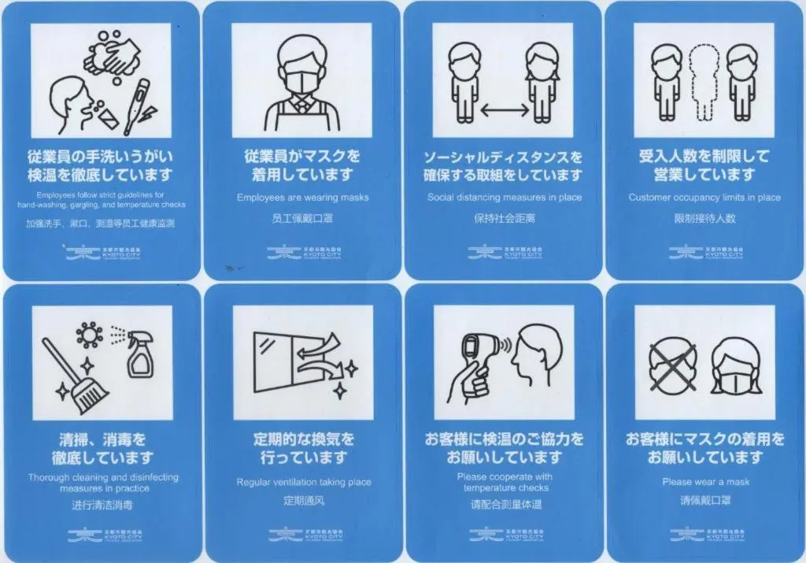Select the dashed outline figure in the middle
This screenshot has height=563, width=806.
(704, 83)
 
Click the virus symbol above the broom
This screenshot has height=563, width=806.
(89, 334)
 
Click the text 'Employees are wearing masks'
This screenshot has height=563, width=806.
(302, 198)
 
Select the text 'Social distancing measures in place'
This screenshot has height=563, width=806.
(505, 198)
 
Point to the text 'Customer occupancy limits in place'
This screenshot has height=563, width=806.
(704, 198)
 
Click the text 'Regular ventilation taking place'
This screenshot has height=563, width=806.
(303, 482)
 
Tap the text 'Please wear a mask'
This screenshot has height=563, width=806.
(705, 482)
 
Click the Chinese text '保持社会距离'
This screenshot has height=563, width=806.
(505, 218)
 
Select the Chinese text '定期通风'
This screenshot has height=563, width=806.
(303, 501)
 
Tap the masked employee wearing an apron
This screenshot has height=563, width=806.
(302, 83)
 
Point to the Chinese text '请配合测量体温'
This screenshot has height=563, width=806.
(505, 505)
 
